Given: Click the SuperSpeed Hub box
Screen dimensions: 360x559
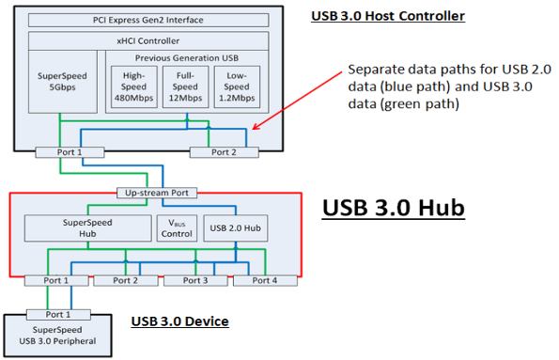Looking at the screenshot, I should point(85,228).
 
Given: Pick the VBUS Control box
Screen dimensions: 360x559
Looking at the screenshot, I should point(176,228).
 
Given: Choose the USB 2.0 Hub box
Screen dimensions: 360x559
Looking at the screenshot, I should point(236,228).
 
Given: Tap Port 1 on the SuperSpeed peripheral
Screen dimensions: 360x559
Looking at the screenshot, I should point(57,314).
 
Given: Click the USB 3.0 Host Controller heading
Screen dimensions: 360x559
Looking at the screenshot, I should point(387,15).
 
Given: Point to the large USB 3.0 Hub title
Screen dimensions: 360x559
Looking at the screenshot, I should point(394,208).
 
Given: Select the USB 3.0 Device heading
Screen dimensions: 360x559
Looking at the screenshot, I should point(180,321).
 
